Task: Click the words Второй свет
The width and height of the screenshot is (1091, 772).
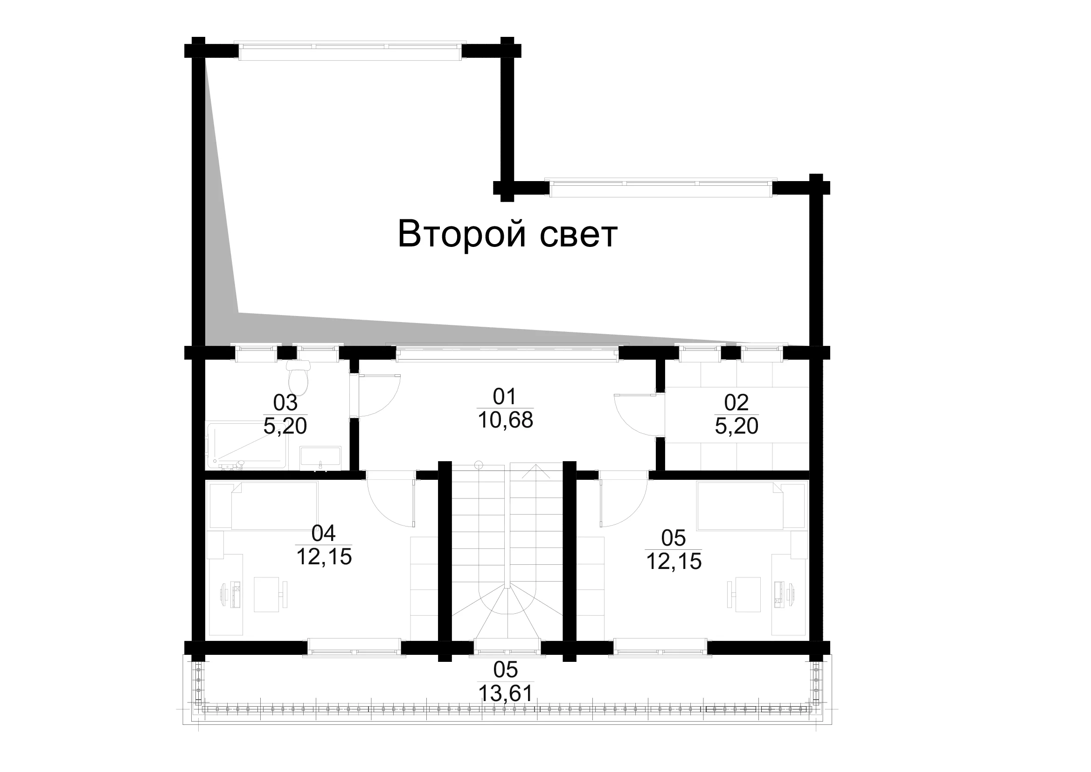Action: point(507,234)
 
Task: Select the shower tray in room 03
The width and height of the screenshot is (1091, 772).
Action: point(247,445)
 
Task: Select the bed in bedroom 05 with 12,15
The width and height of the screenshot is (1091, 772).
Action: point(752,505)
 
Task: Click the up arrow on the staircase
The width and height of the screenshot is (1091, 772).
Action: point(536,471)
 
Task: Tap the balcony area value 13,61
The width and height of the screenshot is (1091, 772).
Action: point(505,694)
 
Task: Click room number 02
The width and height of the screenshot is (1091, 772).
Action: point(736,403)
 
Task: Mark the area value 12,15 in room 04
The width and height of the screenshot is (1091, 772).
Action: point(324,557)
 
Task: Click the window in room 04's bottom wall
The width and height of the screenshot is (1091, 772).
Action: point(354,648)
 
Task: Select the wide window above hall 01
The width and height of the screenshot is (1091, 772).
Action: point(507,352)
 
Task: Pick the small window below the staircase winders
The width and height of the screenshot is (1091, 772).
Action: point(507,648)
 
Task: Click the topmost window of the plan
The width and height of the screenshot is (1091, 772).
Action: point(350,51)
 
